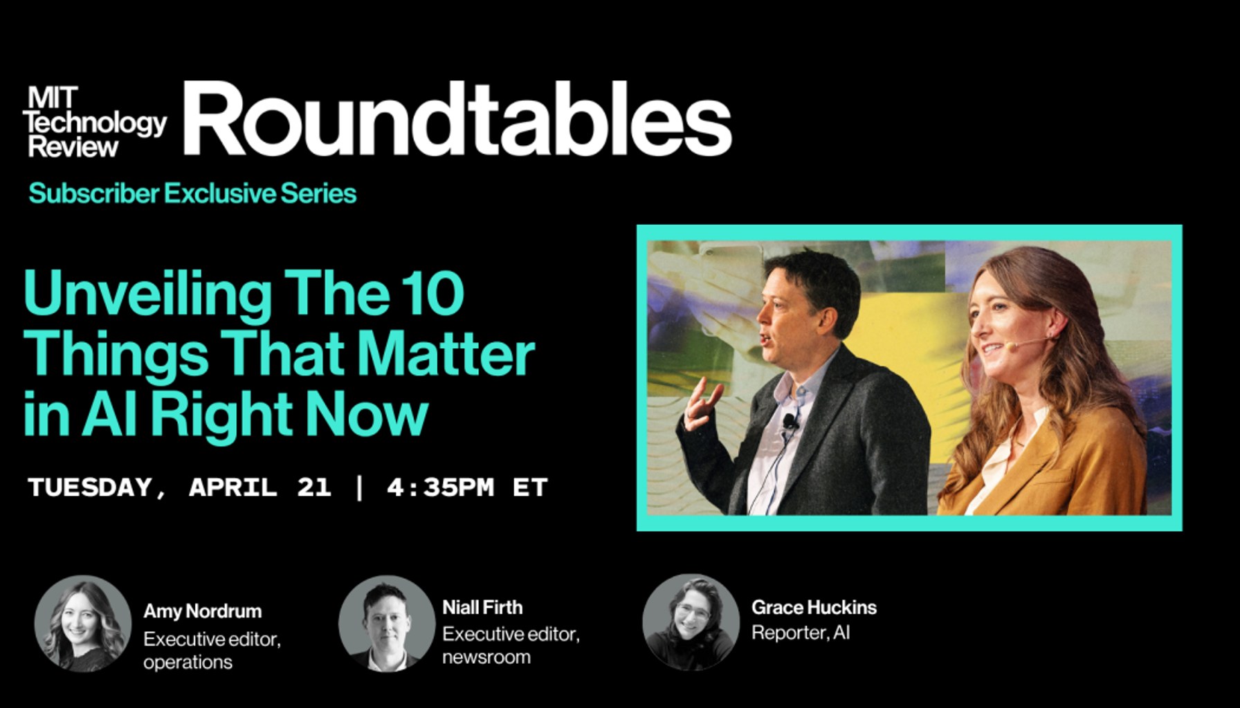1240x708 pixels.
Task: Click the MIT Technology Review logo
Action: pos(95,122)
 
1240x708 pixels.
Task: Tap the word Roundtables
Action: pos(457,119)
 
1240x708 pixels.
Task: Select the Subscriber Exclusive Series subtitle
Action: pos(192,194)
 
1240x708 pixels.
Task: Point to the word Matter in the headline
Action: pos(446,353)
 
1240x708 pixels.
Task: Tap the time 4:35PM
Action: pos(440,487)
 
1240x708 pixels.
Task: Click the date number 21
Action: pos(313,487)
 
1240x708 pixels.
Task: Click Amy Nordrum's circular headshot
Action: pos(83,624)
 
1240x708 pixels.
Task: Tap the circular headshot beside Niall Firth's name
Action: pos(387,623)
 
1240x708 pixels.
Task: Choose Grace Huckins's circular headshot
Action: pos(691,622)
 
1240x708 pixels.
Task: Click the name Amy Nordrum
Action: pos(203,611)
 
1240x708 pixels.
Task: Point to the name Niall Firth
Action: pos(482,607)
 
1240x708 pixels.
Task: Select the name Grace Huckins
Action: pos(814,607)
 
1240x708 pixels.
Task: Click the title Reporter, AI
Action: pos(801,633)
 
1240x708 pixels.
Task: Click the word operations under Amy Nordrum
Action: pos(188,662)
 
